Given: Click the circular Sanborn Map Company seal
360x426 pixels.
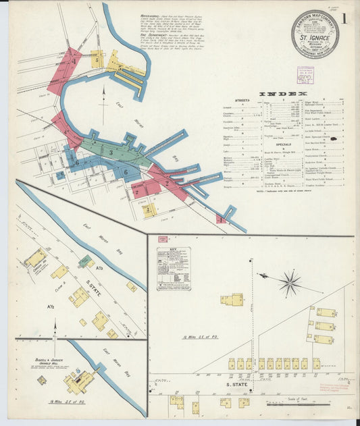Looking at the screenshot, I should pyautogui.click(x=315, y=33).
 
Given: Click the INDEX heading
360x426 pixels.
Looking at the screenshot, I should pyautogui.click(x=291, y=94).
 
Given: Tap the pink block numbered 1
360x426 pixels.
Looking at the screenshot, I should pyautogui.click(x=221, y=219).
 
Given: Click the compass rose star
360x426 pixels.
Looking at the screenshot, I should pyautogui.click(x=290, y=282).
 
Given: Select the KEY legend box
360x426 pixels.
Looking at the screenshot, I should pyautogui.click(x=174, y=268).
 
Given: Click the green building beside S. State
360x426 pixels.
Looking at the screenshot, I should pyautogui.click(x=84, y=261).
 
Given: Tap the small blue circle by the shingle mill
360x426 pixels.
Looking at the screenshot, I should pyautogui.click(x=42, y=380).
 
